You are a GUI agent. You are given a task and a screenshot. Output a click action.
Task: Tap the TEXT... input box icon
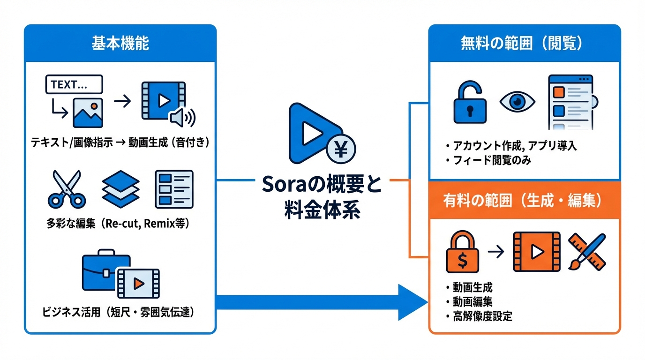point(74,85)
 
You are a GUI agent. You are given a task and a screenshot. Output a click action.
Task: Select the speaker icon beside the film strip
point(182,117)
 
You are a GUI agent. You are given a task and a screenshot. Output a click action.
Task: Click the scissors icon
point(66,189)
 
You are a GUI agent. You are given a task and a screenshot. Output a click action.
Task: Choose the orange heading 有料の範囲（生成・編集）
point(523,200)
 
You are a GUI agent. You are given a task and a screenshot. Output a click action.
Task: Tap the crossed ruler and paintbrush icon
point(587,252)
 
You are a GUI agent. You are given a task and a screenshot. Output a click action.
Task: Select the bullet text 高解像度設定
point(482,316)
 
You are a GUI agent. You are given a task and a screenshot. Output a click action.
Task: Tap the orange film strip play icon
point(536,252)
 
